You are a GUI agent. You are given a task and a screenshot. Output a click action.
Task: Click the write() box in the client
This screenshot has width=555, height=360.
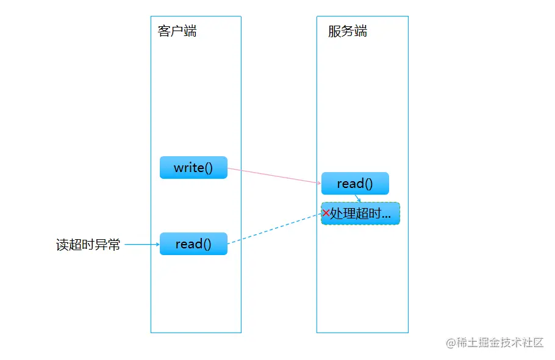point(193,168)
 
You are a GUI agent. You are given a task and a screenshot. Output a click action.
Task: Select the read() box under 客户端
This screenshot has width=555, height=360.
point(193,244)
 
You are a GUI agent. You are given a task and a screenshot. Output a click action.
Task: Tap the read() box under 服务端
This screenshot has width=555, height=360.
point(355,183)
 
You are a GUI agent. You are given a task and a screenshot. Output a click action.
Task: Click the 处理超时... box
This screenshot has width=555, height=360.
point(360,214)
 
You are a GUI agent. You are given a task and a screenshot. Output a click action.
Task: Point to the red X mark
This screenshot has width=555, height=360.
point(326,213)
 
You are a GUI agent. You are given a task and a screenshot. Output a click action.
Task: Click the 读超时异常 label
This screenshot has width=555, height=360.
point(88,245)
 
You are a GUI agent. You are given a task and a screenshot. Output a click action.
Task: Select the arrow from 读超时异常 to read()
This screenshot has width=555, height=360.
point(141,245)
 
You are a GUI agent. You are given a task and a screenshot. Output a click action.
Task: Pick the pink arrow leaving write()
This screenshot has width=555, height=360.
point(274,175)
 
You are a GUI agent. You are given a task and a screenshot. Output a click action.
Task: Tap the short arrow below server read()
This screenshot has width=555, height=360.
point(359,198)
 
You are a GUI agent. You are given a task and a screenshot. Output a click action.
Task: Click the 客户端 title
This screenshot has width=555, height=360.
point(177,31)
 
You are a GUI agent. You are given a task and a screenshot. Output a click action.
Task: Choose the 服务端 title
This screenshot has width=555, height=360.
point(348,31)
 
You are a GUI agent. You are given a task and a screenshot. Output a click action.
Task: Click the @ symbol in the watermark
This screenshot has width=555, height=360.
point(451,343)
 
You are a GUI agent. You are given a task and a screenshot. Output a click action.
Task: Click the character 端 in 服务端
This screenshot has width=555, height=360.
point(360,31)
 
